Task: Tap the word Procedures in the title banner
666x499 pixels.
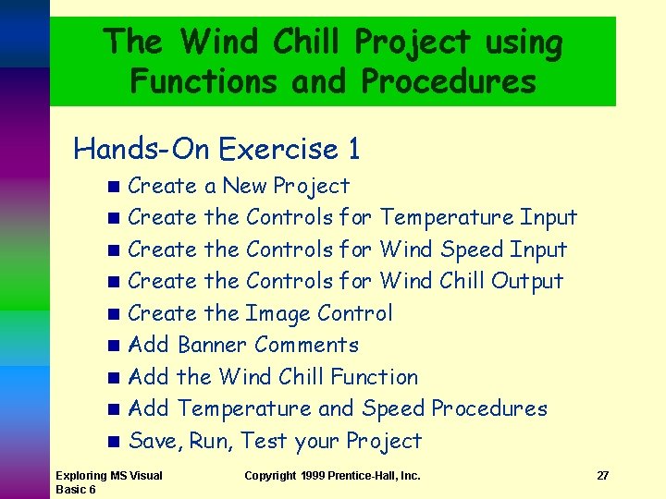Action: pyautogui.click(x=449, y=81)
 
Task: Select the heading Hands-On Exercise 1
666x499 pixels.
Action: pyautogui.click(x=216, y=148)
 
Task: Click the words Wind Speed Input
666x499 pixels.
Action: pyautogui.click(x=474, y=249)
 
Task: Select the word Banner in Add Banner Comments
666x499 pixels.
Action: pyautogui.click(x=212, y=345)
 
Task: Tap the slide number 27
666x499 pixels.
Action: pyautogui.click(x=602, y=476)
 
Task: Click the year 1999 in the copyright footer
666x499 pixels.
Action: pyautogui.click(x=314, y=476)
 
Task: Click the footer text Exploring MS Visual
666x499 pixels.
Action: pyautogui.click(x=108, y=476)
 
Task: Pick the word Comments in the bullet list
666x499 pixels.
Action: pyautogui.click(x=306, y=345)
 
